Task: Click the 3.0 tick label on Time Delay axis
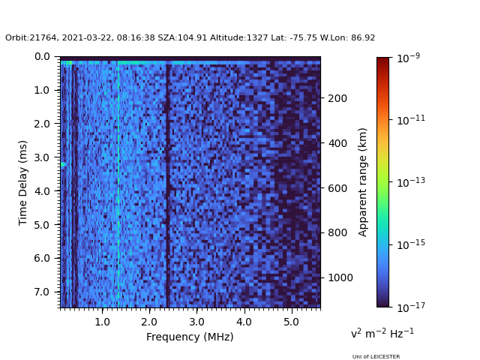click(43, 157)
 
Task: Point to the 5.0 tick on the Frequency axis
click(291, 307)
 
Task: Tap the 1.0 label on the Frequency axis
click(103, 322)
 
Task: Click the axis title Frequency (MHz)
click(190, 337)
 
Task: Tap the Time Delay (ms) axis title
click(23, 182)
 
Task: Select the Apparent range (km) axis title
click(363, 181)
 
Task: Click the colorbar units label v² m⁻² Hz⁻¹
click(382, 333)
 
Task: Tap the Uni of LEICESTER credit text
click(376, 357)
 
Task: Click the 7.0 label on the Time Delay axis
click(43, 292)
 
